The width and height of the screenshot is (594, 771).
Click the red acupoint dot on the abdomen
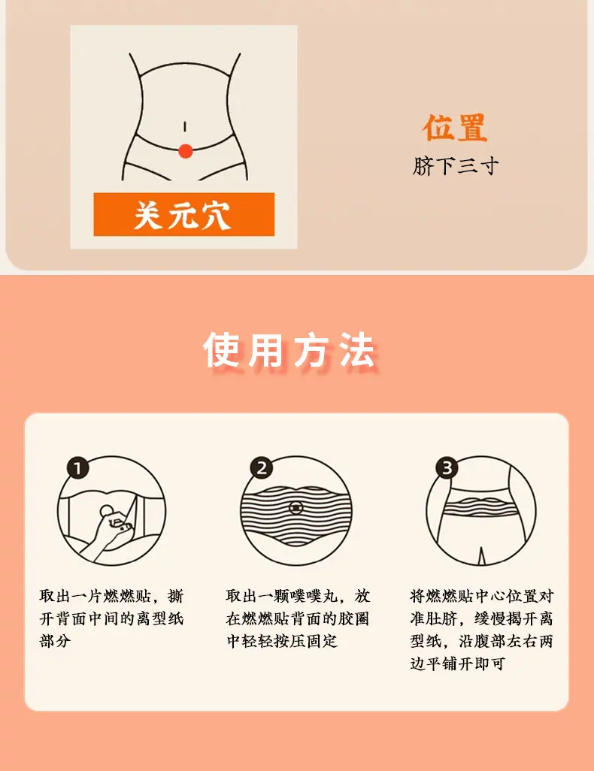tap(185, 150)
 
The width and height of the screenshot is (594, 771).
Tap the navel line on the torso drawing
tap(184, 127)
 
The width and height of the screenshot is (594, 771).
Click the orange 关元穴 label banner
tap(184, 214)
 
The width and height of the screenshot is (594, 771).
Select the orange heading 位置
tap(455, 128)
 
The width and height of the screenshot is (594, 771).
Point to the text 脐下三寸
tap(455, 166)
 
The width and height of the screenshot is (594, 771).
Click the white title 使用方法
tap(289, 351)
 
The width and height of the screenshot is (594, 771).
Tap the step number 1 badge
tap(77, 467)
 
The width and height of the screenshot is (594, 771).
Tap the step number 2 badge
tap(262, 467)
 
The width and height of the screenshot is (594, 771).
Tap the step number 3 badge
tap(447, 467)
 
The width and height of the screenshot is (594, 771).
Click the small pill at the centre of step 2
tap(296, 507)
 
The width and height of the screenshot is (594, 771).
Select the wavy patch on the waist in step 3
tap(480, 504)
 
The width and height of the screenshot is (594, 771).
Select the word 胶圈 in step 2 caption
tap(353, 618)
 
